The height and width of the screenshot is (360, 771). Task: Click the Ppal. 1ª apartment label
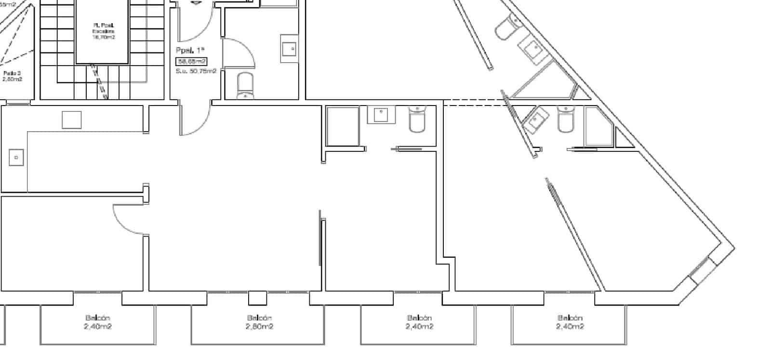point(191,50)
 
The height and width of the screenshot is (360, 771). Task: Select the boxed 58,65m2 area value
point(191,61)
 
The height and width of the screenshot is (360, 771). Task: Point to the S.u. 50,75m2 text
point(196,71)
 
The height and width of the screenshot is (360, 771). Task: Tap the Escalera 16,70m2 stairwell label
point(104,31)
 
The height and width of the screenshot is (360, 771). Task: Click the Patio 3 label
point(12,76)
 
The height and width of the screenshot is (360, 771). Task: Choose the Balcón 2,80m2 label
point(259,322)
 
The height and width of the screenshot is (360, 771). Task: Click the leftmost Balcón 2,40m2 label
point(98,322)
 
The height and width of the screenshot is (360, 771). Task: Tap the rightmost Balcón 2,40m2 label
point(570,322)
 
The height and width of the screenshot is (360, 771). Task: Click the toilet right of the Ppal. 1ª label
point(245,86)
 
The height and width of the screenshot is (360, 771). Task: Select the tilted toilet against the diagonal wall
point(506,27)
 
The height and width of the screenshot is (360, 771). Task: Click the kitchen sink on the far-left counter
point(16,158)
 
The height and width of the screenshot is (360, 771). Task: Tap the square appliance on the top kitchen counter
point(72,120)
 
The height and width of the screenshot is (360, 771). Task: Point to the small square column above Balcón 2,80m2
point(257,298)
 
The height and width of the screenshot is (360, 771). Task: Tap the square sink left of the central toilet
point(381,115)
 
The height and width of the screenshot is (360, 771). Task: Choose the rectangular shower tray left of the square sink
point(343,126)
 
